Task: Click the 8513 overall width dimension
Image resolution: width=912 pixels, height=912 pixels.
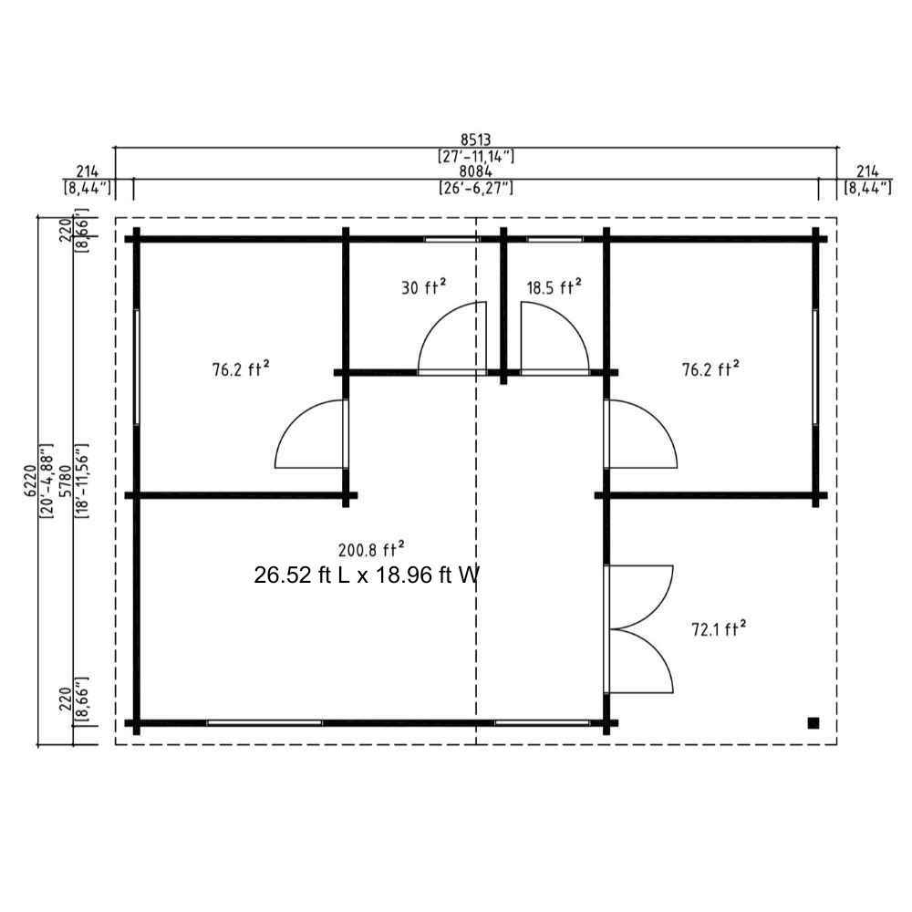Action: click(476, 140)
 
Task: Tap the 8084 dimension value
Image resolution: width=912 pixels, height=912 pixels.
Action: click(476, 171)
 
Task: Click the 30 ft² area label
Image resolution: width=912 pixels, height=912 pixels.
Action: click(423, 286)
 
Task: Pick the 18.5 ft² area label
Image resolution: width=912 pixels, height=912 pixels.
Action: click(554, 286)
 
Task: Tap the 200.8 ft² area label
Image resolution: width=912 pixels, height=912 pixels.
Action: click(371, 549)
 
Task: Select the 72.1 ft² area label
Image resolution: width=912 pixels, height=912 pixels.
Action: click(719, 628)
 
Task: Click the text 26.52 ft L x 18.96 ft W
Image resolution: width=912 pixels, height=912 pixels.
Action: click(367, 575)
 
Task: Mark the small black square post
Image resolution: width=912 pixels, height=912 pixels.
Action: click(814, 723)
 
